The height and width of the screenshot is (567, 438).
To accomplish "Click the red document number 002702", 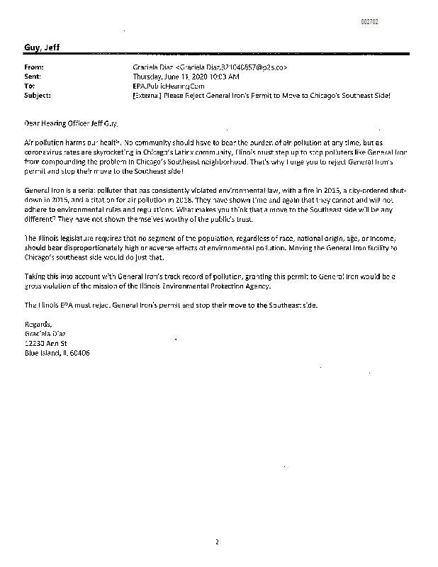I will pos(369,22).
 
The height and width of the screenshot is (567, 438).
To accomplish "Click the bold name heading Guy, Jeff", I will pos(41,47).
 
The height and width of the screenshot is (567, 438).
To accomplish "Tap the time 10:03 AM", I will pos(228,76).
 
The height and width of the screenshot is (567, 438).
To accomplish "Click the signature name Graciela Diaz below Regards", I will pos(45,333).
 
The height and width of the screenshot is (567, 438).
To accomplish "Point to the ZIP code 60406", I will pos(79,352).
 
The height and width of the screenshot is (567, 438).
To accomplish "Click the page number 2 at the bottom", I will pos(218,542).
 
